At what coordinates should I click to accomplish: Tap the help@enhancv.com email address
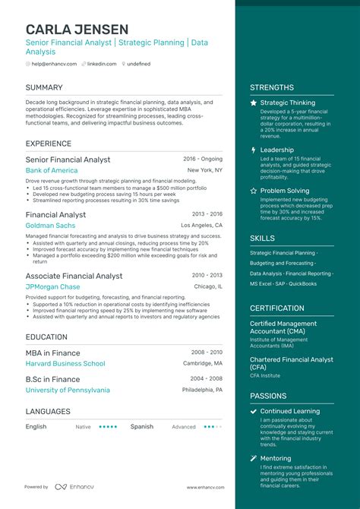coord(52,65)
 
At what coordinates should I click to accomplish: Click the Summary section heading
coord(44,87)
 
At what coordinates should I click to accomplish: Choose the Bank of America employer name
coord(52,171)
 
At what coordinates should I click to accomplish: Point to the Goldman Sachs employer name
coord(50,226)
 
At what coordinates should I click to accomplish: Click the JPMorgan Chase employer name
coord(52,287)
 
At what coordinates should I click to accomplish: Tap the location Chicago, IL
coord(208,287)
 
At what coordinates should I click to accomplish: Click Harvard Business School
coord(65,364)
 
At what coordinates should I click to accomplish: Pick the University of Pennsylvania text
coord(68,390)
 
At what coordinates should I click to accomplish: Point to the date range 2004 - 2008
coord(207,379)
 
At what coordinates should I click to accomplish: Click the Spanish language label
coord(143,427)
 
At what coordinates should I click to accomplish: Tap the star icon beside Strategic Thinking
coord(254,103)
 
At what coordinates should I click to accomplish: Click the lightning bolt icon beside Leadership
coord(254,150)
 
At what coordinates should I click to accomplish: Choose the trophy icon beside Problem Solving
coord(254,191)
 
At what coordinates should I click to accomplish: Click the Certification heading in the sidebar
coord(277,308)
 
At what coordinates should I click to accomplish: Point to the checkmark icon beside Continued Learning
coord(254,412)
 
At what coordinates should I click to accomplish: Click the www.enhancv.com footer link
coord(205,487)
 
